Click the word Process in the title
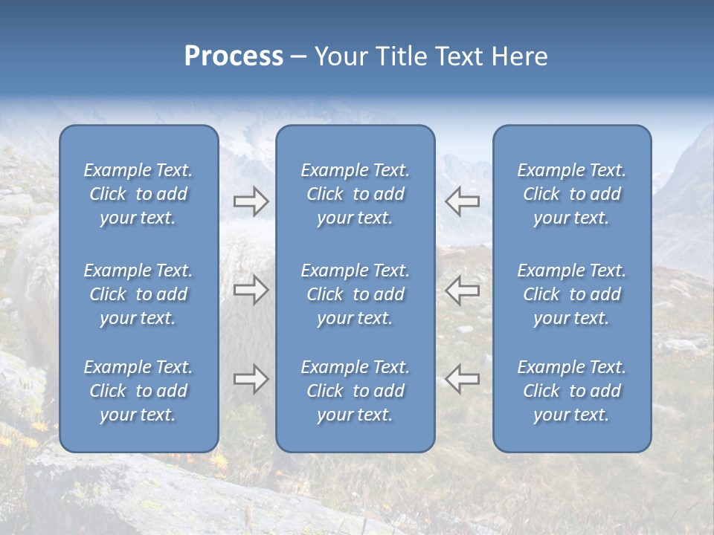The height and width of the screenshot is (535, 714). coord(234,56)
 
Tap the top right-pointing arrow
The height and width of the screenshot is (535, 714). coord(251,201)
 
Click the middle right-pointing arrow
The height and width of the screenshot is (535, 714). coord(251,290)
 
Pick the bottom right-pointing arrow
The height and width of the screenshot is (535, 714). coord(251,379)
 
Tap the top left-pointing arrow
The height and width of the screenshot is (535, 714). coord(462,201)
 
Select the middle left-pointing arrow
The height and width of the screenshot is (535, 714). coord(462,290)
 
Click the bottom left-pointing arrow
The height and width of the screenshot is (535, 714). coord(462,379)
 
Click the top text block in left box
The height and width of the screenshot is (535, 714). coord(138,194)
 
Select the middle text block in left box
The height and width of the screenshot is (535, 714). coord(138,294)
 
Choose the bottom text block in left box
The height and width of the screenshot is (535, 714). coord(138,391)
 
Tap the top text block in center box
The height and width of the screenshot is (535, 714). coord(355,194)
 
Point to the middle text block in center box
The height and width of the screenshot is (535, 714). coord(355,294)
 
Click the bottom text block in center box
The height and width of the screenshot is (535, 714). coord(355,391)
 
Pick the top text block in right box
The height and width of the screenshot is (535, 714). coord(571,194)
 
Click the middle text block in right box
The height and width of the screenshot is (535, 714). coord(571,294)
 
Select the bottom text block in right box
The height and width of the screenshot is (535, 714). coord(571,391)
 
